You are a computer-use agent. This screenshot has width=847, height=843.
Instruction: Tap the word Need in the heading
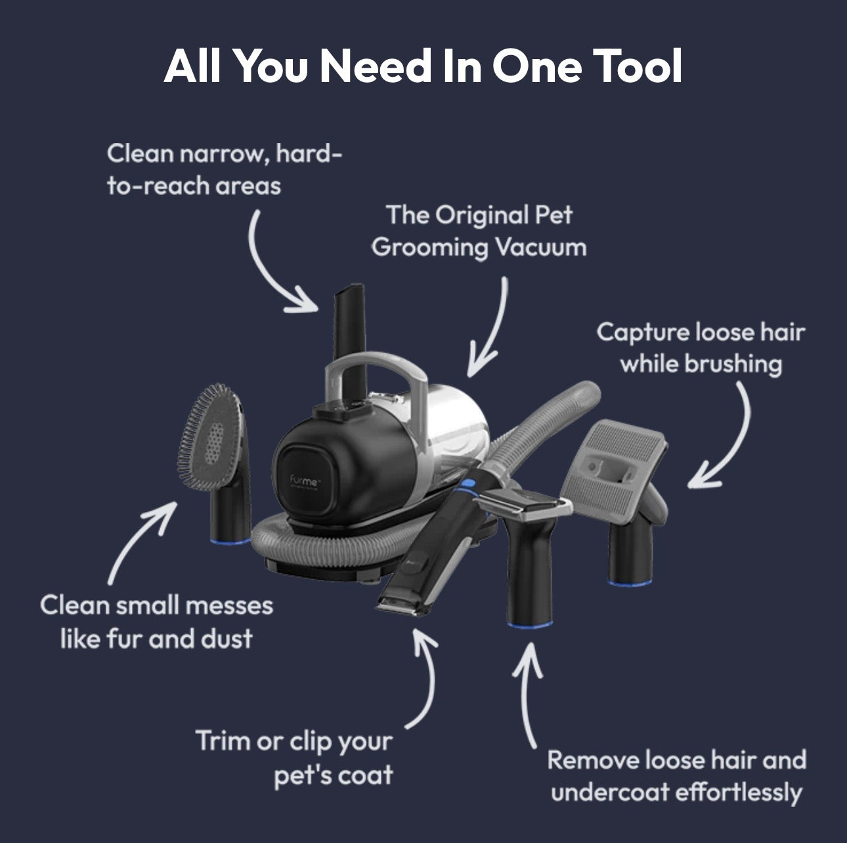376,66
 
